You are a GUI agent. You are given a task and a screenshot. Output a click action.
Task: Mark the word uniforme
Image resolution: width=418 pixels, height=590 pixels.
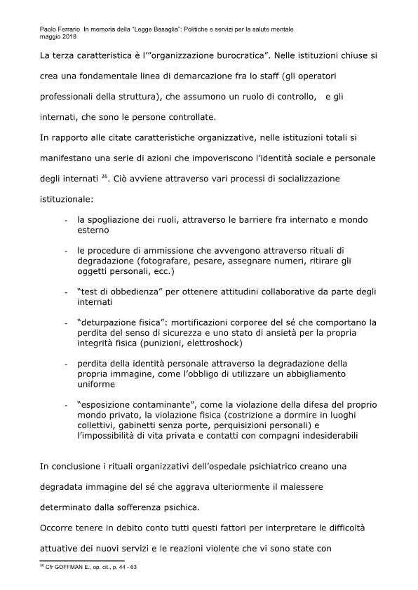(x=96, y=384)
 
